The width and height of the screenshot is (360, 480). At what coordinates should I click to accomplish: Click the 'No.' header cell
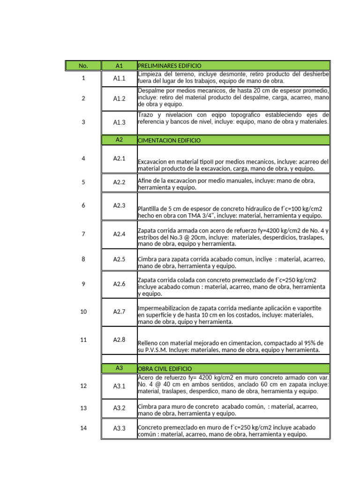tap(83, 66)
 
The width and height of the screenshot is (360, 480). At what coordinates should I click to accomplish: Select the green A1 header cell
tap(119, 66)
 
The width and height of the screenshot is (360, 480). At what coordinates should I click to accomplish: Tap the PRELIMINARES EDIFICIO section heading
tap(170, 66)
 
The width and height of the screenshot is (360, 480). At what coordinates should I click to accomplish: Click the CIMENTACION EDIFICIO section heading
tap(169, 140)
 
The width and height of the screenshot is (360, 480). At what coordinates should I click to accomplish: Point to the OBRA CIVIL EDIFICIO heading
tap(165, 369)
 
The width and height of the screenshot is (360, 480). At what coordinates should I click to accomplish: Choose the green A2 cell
tap(119, 140)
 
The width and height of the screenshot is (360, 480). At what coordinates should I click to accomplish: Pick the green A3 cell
tap(119, 368)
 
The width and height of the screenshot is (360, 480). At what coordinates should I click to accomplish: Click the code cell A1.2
tap(119, 98)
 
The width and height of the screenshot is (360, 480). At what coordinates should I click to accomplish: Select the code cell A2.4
tap(119, 234)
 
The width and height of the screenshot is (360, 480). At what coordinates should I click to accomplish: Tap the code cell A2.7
tap(119, 312)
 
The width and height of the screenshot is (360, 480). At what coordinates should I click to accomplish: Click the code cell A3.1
tap(119, 386)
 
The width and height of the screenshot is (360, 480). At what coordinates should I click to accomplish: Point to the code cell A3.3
tap(119, 428)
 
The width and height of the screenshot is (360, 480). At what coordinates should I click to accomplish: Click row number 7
tap(83, 234)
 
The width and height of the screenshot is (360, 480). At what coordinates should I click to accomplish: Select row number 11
tap(83, 340)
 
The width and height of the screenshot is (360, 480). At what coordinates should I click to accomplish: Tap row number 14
tap(83, 428)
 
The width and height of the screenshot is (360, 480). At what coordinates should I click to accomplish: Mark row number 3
tap(83, 122)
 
